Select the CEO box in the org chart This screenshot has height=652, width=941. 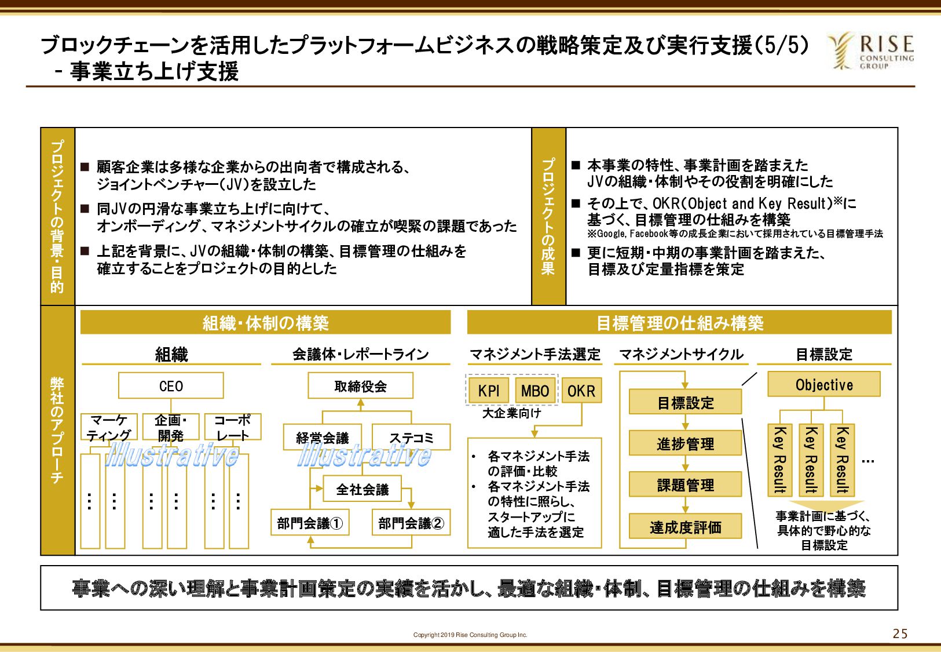[171, 385]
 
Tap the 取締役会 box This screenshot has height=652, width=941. [360, 385]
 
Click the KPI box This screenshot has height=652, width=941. [489, 391]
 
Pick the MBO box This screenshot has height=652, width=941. [535, 391]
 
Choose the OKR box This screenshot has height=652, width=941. [581, 391]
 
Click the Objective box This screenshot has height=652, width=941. [824, 384]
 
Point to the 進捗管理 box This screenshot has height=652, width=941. [685, 443]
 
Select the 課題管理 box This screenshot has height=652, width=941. [685, 485]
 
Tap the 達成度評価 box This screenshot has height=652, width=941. [685, 526]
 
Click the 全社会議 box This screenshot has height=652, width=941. [362, 489]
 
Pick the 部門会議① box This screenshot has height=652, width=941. [310, 523]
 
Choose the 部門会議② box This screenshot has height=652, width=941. [411, 523]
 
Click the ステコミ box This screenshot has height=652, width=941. [411, 437]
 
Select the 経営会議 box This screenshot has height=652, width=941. [323, 437]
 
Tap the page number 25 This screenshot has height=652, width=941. [900, 633]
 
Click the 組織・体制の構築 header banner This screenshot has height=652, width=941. [265, 322]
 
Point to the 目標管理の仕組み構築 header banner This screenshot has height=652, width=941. [679, 322]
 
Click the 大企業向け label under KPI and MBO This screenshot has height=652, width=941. [511, 413]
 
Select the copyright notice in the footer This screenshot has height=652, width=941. [470, 635]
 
